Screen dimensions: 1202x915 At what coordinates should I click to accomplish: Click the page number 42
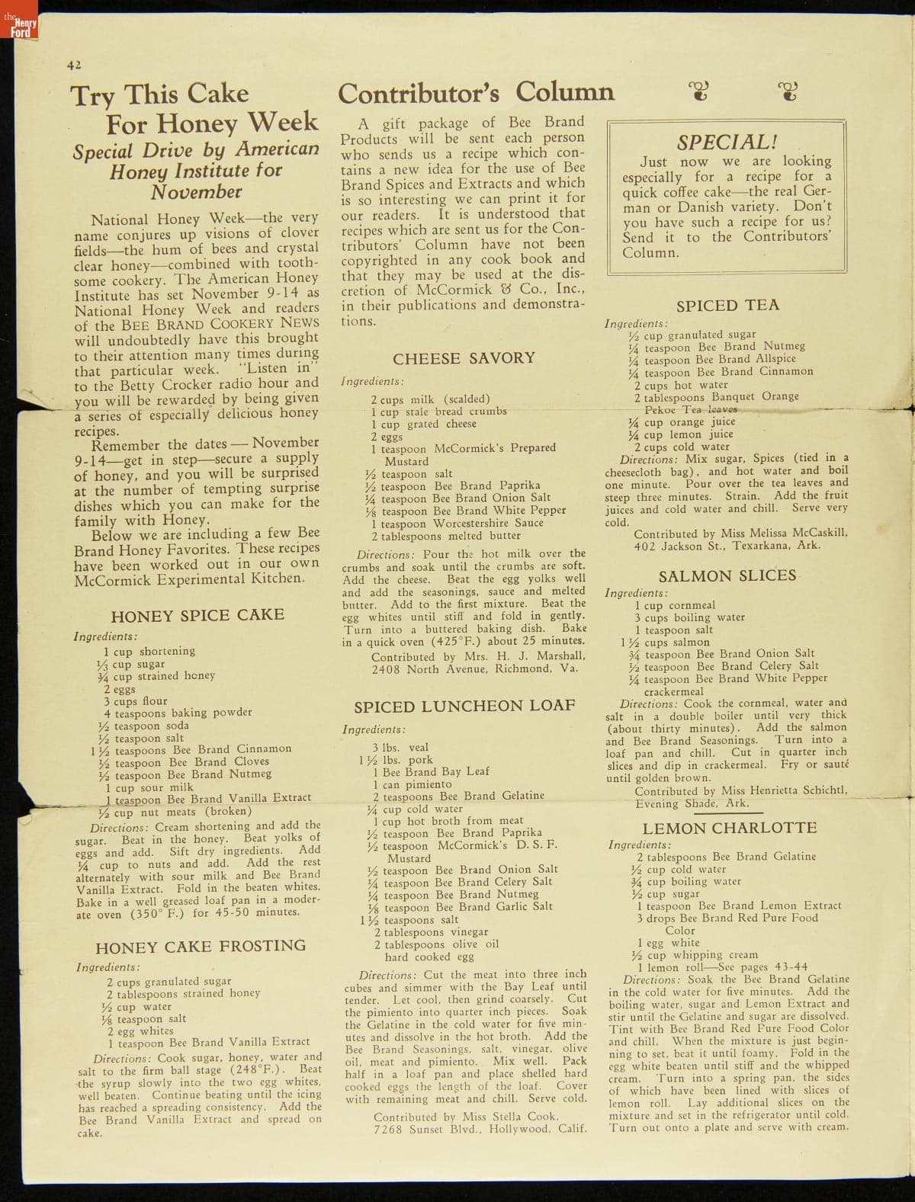(x=73, y=66)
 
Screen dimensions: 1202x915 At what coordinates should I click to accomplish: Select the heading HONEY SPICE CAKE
(x=197, y=615)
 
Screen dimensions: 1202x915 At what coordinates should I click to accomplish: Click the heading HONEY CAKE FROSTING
(x=201, y=947)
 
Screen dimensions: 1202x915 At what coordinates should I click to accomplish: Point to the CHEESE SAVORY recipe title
(x=464, y=358)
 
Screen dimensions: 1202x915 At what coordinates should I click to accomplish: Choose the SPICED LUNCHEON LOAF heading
(x=464, y=706)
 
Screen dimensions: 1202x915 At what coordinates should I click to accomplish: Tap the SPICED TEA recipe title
(x=727, y=306)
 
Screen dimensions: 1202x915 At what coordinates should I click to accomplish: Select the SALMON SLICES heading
(x=727, y=576)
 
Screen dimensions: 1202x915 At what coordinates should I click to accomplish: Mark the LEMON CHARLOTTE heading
(x=729, y=828)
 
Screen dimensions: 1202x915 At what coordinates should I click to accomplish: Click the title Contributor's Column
(x=475, y=92)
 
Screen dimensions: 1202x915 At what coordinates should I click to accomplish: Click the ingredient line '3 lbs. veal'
(x=400, y=748)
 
